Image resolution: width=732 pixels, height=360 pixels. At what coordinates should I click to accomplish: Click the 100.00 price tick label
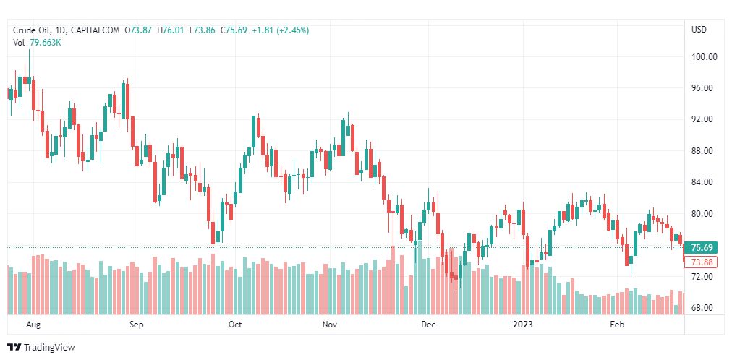704,56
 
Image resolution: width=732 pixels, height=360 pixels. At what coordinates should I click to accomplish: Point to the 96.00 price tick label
704,88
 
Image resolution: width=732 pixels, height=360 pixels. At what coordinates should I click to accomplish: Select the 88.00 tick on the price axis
704,151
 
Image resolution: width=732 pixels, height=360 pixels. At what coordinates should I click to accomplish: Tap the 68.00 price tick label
704,308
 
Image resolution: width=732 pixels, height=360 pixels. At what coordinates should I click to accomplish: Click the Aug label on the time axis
33,325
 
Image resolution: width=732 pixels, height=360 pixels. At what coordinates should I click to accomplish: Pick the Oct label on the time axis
234,325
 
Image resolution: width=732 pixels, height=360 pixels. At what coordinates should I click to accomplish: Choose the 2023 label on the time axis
522,325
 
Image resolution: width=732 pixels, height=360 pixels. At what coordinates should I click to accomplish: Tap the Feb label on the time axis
617,325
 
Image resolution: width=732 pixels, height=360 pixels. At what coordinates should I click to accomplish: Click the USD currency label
699,30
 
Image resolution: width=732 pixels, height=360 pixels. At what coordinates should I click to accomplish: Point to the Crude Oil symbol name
30,30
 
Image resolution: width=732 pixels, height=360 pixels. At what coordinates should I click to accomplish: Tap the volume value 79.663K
45,43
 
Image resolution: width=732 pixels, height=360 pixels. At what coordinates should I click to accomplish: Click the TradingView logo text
48,348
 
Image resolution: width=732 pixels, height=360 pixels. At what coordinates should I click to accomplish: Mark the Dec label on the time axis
428,325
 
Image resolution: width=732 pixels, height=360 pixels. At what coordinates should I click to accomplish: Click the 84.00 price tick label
704,182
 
